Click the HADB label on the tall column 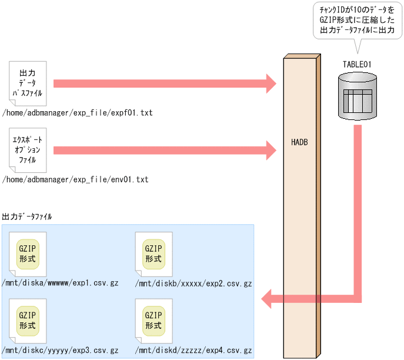tap(299, 143)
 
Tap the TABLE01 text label tap(356, 64)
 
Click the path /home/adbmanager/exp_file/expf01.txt tap(77, 112)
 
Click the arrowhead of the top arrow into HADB tap(270, 84)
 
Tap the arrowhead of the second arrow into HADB tap(270, 150)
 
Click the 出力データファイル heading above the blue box tap(27, 216)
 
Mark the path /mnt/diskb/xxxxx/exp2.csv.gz tap(193, 284)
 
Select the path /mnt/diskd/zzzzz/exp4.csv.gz tap(193, 350)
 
